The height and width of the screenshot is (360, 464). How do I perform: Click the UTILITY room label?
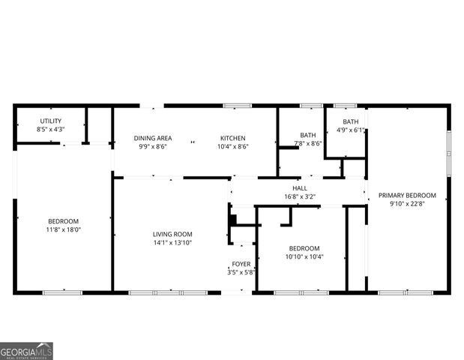tap(50, 121)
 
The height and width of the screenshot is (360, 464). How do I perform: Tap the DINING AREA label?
tap(153, 138)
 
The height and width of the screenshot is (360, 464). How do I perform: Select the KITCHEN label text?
tap(232, 138)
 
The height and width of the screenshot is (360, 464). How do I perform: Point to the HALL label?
tap(299, 188)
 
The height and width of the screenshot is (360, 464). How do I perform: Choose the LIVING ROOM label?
tap(172, 234)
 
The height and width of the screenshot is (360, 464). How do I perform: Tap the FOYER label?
tap(241, 264)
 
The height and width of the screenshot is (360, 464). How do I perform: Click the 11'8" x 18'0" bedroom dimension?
tap(64, 230)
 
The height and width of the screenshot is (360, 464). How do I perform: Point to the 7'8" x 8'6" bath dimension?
tap(307, 143)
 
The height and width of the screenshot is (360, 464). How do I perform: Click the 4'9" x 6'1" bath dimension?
tap(351, 130)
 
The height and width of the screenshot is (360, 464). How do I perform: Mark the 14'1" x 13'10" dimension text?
tap(172, 243)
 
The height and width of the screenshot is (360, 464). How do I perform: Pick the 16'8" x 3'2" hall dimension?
tap(299, 196)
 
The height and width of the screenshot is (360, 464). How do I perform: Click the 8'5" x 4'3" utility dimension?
tap(50, 130)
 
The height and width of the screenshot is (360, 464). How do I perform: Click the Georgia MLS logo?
tap(26, 351)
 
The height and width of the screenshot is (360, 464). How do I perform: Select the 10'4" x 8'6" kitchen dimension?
tap(232, 147)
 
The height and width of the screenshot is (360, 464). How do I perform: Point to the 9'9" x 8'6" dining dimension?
tap(153, 147)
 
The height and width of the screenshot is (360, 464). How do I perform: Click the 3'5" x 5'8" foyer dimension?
tap(241, 273)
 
